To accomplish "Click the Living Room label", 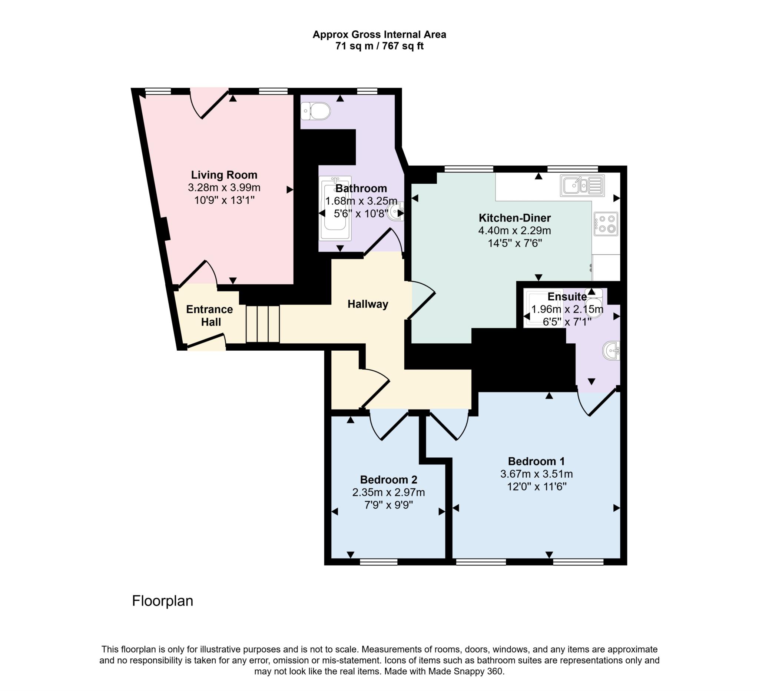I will click(224, 175).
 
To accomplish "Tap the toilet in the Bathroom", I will click(316, 111).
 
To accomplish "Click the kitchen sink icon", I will click(582, 186).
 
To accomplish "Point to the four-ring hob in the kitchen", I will click(606, 224).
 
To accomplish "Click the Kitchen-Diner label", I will click(515, 218).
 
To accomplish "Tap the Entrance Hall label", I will click(210, 316).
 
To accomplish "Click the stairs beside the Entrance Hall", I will click(263, 324).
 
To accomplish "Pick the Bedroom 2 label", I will click(388, 480).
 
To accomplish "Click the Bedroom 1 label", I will click(536, 461).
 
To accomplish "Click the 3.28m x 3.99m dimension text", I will click(224, 187).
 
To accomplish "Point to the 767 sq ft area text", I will click(403, 46).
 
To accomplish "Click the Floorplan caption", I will click(162, 601).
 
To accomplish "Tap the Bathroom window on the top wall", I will click(367, 91).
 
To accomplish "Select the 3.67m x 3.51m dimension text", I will click(536, 474).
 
